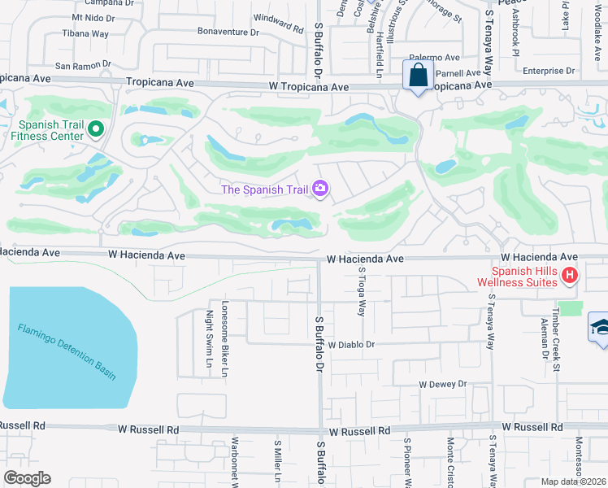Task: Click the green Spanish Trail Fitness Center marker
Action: pyautogui.click(x=95, y=129)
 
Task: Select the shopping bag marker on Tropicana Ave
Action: pyautogui.click(x=419, y=76)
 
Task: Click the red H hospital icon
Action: pyautogui.click(x=570, y=277)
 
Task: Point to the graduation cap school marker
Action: pyautogui.click(x=600, y=328)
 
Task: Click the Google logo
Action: pyautogui.click(x=27, y=478)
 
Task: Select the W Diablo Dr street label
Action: pyautogui.click(x=351, y=345)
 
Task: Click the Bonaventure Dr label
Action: pyautogui.click(x=228, y=33)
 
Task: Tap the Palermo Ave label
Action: pyautogui.click(x=434, y=58)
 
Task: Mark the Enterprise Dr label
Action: pyautogui.click(x=548, y=72)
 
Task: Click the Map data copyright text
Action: pyautogui.click(x=572, y=481)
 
